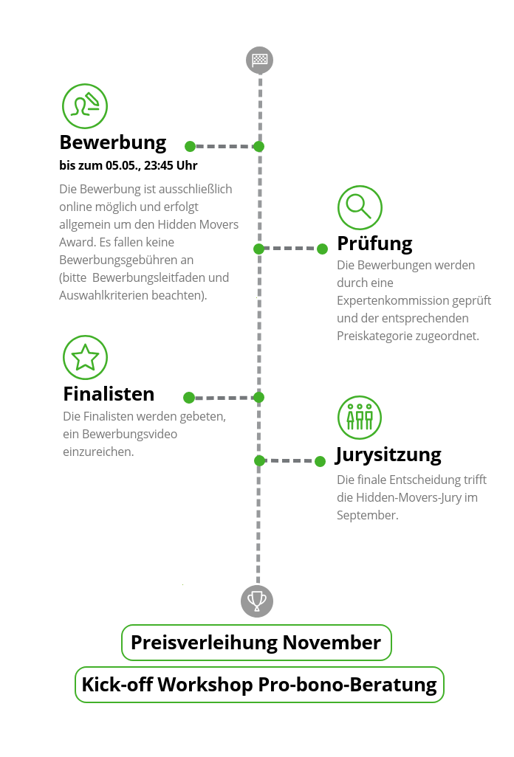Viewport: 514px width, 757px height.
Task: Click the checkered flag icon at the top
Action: [x=260, y=60]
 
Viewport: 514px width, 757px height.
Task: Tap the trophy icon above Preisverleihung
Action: [x=257, y=601]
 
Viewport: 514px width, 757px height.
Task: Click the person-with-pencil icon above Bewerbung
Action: [x=85, y=106]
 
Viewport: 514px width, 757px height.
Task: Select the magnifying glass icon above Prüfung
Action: [x=360, y=207]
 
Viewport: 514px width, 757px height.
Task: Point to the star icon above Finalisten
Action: [x=85, y=357]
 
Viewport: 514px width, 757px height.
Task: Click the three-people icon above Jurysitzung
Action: [x=360, y=418]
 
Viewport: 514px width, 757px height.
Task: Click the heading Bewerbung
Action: [x=113, y=143]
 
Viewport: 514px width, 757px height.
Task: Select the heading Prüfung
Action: [x=375, y=243]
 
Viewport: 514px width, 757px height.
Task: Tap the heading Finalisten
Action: [x=109, y=394]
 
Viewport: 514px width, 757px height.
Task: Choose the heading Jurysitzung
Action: [x=388, y=455]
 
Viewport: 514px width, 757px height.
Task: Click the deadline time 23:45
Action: [x=159, y=165]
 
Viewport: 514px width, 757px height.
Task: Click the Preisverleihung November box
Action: [x=256, y=643]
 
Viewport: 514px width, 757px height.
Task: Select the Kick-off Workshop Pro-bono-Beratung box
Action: [x=259, y=685]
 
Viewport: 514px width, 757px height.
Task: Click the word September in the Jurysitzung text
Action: [x=367, y=516]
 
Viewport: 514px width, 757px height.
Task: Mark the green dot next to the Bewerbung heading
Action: [x=191, y=146]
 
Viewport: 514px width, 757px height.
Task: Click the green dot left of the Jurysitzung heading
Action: [x=320, y=462]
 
